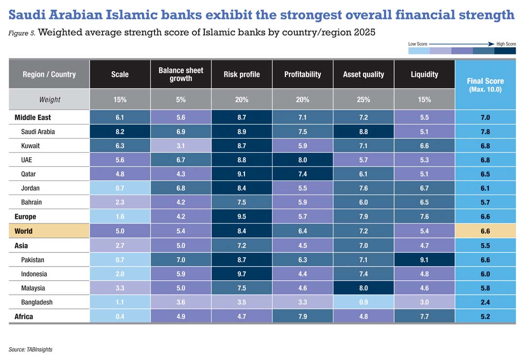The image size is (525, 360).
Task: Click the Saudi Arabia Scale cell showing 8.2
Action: coord(120,131)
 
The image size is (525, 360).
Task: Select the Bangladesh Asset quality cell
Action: coord(363,302)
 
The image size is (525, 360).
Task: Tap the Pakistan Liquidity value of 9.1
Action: coord(424,260)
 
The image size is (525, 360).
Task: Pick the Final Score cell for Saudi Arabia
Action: coord(485,131)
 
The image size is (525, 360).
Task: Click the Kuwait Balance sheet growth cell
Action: coord(181,145)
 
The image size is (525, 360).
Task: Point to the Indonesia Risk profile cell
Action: coord(242,274)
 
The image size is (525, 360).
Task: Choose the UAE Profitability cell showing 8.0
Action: coord(302,160)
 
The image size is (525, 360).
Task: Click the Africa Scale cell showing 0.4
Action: coord(120,317)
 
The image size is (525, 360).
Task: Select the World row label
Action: coord(24,231)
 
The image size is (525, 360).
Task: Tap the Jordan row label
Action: coord(31,188)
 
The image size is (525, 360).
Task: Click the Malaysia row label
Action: coord(33,288)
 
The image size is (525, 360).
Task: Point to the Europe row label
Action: coord(25,216)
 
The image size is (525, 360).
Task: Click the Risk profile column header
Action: coord(242,74)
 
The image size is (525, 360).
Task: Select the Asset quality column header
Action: coord(363,74)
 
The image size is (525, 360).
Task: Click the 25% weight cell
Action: coord(363,100)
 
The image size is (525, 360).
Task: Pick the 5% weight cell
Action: coord(181,100)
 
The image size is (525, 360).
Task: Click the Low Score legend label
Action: coord(418,44)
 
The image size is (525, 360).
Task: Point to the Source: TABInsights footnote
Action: coord(31,349)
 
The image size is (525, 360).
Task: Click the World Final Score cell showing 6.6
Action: coord(485,231)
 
